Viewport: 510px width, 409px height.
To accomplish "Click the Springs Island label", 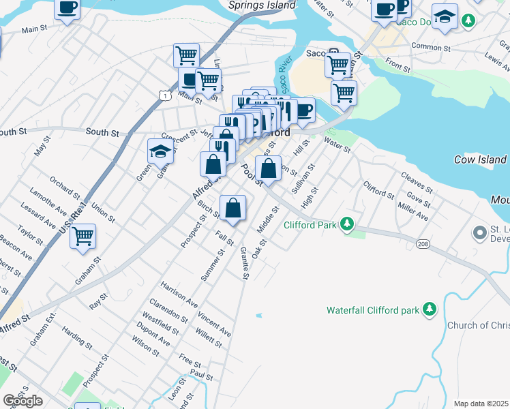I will pos(262,5).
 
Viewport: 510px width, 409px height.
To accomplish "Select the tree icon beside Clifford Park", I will pos(348,224).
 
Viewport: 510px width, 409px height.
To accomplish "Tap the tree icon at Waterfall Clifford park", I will pos(430,310).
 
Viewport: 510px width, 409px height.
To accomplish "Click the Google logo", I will pos(22,401).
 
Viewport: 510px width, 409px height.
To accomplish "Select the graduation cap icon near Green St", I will pos(161,151).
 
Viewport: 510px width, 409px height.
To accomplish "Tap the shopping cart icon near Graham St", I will pos(83,237).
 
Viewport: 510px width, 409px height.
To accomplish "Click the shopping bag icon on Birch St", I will pos(233,208).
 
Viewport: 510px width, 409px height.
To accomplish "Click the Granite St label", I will pos(244,262).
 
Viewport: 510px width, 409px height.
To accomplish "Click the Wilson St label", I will pos(146,345).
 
